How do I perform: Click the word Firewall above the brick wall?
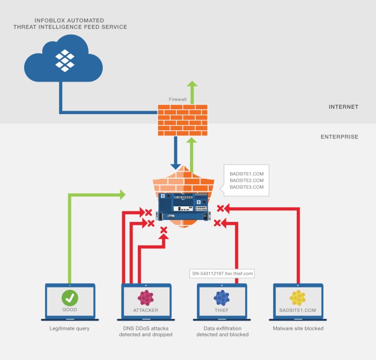pos(178,100)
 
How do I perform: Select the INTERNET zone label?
pos(343,107)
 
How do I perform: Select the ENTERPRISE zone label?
pos(339,136)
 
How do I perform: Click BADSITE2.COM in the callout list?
pos(246,180)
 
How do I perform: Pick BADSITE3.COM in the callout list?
pos(246,187)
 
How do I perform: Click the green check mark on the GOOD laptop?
pos(70,298)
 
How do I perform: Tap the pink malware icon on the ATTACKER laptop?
pos(146,298)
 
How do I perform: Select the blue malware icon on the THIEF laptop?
pos(222,298)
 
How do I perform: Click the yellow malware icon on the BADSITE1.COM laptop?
pos(298,298)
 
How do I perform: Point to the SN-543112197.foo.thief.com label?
pos(223,273)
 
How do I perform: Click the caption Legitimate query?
pos(70,328)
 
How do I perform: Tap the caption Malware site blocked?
pos(298,328)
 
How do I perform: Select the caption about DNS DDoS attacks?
pos(146,331)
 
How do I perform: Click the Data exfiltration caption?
pos(222,331)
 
